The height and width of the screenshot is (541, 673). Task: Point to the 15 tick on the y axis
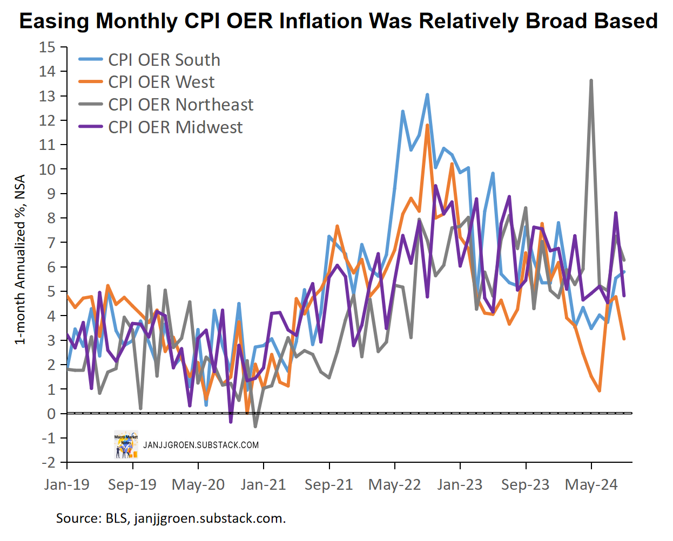coord(47,47)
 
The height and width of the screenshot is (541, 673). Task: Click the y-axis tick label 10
coord(47,169)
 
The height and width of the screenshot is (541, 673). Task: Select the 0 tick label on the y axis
coord(51,414)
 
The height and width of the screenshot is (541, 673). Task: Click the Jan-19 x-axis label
coord(67,484)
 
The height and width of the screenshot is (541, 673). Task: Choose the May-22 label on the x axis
coord(395,484)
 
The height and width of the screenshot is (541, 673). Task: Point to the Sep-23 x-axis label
coord(525,484)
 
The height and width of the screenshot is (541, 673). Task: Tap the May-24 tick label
coord(591,484)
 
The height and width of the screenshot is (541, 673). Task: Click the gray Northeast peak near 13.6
coord(591,81)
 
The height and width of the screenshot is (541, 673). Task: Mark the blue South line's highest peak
coord(427,95)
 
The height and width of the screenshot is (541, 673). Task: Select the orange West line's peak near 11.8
coord(427,126)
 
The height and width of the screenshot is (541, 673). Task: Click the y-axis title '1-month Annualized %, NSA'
coord(20,259)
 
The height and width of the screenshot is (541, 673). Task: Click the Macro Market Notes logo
coord(126,446)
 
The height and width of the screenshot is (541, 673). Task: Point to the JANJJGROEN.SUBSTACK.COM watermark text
coord(201,446)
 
